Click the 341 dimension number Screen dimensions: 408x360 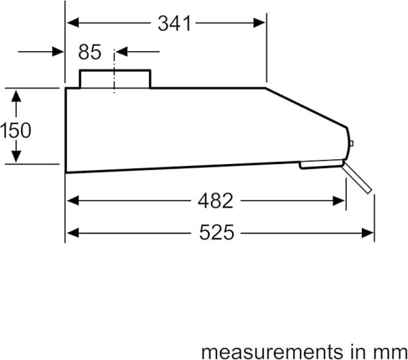click(174, 24)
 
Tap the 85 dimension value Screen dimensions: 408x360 click(90, 52)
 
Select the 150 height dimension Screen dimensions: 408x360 click(16, 130)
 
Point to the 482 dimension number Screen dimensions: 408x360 click(215, 201)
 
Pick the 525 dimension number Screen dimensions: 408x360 click(216, 232)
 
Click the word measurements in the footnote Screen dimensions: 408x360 click(271, 352)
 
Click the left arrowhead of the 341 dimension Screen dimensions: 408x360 click(73, 22)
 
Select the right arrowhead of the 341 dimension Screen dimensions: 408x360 click(259, 23)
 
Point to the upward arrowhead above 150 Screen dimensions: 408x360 click(16, 95)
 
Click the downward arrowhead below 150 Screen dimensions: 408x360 click(16, 157)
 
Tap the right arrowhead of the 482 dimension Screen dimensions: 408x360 click(339, 201)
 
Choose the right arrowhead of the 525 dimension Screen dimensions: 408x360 click(368, 233)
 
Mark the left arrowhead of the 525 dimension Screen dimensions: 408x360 click(73, 233)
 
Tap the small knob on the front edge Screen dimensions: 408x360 click(352, 144)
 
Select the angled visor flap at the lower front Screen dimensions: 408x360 click(357, 177)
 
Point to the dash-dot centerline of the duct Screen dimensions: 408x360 click(114, 71)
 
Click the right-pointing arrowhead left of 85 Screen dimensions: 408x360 click(58, 52)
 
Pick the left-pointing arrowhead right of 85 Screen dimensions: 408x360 click(121, 52)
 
